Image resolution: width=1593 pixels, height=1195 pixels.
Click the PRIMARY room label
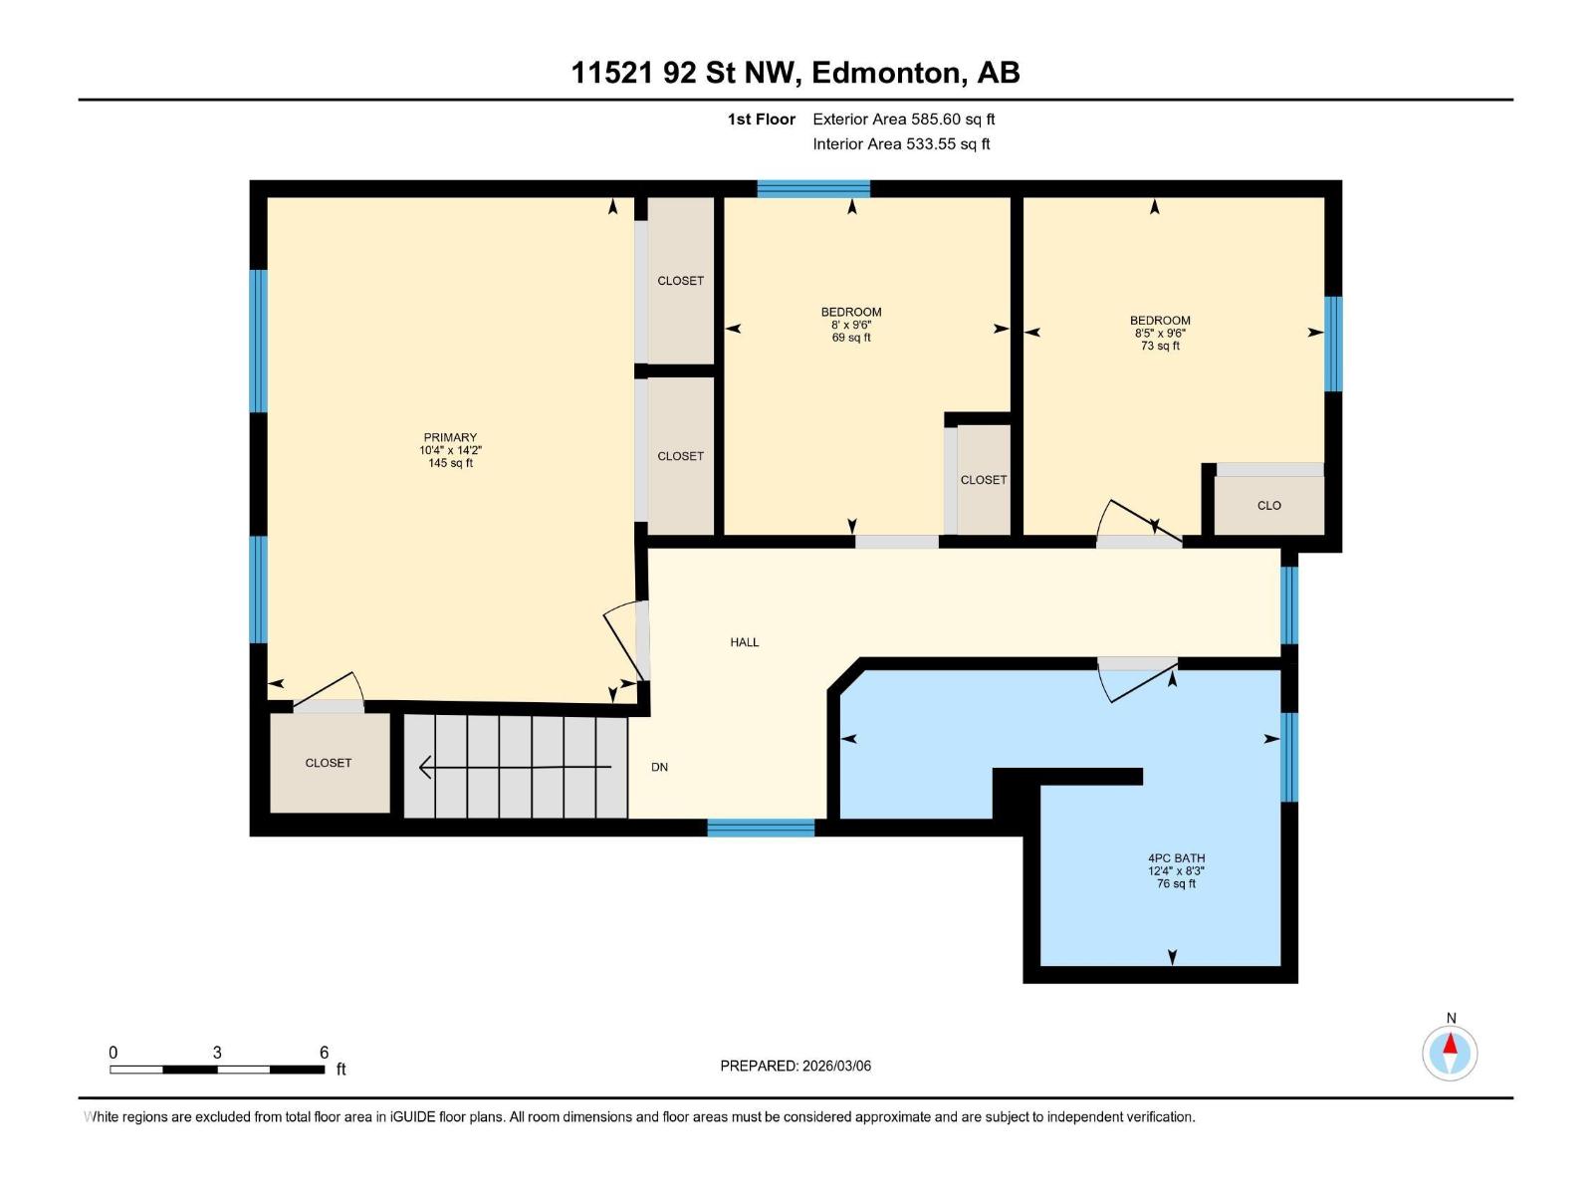[x=450, y=437]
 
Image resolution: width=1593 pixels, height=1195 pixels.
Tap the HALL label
[x=744, y=642]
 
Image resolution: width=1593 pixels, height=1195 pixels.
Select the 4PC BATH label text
[x=1176, y=857]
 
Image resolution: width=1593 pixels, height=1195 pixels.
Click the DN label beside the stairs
[x=659, y=767]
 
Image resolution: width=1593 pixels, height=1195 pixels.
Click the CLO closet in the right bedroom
[x=1268, y=505]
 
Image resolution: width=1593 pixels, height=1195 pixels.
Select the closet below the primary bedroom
[x=329, y=763]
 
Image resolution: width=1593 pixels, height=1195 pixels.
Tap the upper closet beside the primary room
[x=680, y=281]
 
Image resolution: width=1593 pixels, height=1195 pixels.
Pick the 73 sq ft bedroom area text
[x=1160, y=347]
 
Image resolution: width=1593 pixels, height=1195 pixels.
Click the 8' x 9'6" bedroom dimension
[x=851, y=325]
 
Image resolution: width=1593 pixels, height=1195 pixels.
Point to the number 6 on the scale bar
[x=324, y=1053]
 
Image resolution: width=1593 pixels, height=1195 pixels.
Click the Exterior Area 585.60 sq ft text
[x=903, y=119]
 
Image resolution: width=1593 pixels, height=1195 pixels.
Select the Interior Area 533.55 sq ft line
[x=901, y=144]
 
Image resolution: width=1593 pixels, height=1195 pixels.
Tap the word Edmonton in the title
[x=887, y=73]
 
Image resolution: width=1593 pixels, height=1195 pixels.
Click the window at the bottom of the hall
[x=761, y=828]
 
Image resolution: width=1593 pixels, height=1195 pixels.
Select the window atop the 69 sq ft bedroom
[x=813, y=189]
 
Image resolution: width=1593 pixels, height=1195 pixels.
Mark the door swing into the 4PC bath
[x=1137, y=682]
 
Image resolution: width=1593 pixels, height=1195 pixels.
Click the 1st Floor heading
[x=761, y=119]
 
